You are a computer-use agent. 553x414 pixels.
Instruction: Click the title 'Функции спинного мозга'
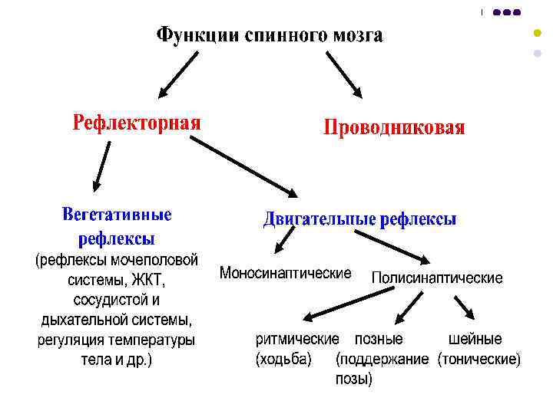(269, 36)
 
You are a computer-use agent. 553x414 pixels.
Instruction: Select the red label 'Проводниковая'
(394, 127)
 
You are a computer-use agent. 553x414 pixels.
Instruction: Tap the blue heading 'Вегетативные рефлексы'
(117, 225)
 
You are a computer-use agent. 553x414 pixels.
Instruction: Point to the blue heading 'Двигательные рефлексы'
(359, 220)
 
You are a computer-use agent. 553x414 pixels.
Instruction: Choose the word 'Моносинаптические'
(286, 273)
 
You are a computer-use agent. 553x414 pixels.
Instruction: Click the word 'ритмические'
(296, 339)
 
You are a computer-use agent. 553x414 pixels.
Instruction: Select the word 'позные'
(378, 339)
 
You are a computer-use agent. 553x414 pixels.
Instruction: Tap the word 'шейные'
(475, 339)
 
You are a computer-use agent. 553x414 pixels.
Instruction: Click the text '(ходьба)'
(283, 359)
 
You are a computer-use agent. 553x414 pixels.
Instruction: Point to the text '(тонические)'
(478, 359)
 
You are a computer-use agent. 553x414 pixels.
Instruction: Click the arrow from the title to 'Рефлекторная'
(177, 74)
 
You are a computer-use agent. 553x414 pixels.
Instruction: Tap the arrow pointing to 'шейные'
(464, 309)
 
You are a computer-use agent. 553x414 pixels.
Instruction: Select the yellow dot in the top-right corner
(537, 34)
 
